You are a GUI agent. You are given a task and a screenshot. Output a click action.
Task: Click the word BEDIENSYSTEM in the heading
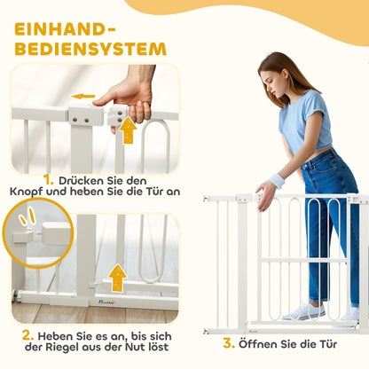click(89, 47)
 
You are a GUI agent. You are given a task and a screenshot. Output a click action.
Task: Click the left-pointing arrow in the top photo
click(83, 96)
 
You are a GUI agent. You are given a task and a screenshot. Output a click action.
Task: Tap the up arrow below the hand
click(129, 130)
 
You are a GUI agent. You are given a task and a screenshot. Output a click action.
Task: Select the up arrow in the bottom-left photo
click(117, 278)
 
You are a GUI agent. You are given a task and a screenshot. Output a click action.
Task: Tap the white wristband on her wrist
click(277, 181)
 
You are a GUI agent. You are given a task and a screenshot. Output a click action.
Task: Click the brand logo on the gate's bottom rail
click(101, 301)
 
